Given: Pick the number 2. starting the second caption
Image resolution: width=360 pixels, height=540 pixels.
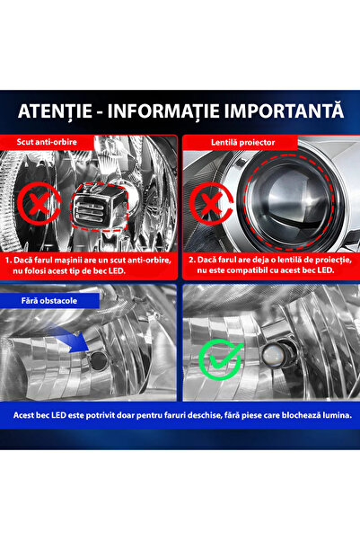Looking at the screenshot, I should tap(191, 258).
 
